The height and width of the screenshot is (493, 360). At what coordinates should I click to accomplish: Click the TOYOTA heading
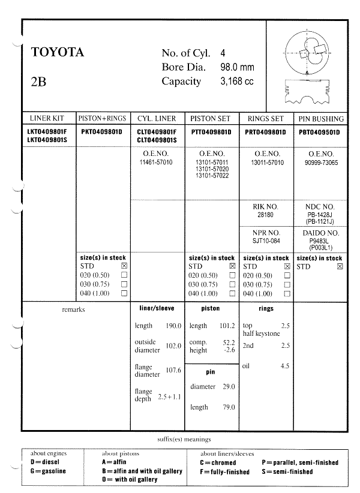click(x=57, y=53)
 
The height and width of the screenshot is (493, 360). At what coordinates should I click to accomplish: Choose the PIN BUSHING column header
click(x=321, y=119)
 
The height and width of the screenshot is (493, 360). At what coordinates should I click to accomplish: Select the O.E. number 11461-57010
click(x=155, y=163)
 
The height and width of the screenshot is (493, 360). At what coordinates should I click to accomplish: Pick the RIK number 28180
click(x=265, y=214)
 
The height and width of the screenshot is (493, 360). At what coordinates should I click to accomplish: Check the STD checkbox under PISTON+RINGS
click(x=124, y=266)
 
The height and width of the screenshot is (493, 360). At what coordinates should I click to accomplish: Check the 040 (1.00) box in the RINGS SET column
click(x=287, y=294)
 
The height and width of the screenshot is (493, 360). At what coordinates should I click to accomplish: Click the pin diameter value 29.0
click(x=229, y=387)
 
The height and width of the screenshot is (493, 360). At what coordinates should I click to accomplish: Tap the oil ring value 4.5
click(x=285, y=365)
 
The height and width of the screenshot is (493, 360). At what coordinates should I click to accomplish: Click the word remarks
click(x=73, y=309)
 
